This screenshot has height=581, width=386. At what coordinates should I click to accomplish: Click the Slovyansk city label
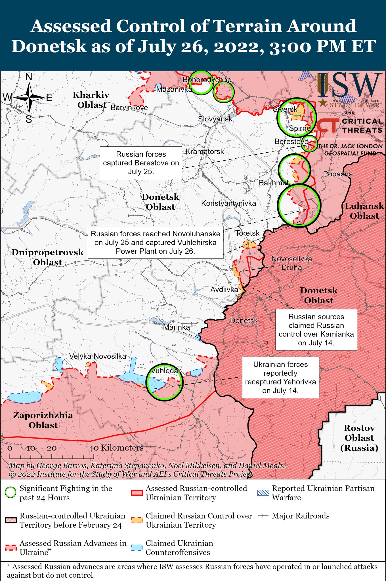(x=215, y=119)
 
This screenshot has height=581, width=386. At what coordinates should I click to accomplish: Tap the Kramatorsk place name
(x=205, y=151)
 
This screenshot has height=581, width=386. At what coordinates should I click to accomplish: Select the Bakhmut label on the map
(x=273, y=183)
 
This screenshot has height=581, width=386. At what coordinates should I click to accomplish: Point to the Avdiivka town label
(x=224, y=290)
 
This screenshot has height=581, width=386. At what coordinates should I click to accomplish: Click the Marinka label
(x=176, y=327)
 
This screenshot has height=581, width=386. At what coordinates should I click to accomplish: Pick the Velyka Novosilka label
(x=98, y=356)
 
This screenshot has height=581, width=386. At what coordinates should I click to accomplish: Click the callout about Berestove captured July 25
(x=141, y=163)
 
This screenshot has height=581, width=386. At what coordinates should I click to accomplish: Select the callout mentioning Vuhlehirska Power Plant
(x=155, y=242)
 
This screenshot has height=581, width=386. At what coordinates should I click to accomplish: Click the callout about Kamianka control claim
(x=316, y=330)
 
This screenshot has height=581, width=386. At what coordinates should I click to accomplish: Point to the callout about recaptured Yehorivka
(x=280, y=377)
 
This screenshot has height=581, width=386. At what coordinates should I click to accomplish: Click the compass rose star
(x=30, y=98)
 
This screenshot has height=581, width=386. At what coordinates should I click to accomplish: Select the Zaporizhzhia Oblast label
(x=43, y=420)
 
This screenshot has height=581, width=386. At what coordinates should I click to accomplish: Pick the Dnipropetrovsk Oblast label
(x=47, y=257)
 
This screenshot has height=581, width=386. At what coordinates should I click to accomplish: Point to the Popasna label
(x=338, y=174)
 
